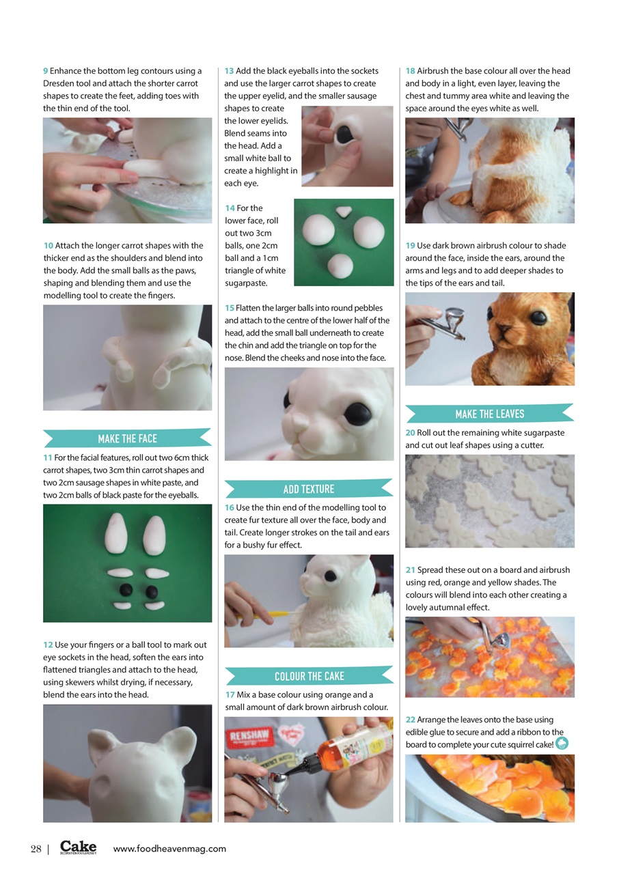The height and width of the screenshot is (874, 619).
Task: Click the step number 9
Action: (x=46, y=71)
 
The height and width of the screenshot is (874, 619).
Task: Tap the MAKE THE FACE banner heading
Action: (x=127, y=439)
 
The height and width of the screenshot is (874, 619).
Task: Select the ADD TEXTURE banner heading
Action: (x=309, y=489)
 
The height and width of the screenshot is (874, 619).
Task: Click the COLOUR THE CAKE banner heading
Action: (x=309, y=676)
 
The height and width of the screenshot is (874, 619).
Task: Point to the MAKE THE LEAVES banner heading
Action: (x=489, y=414)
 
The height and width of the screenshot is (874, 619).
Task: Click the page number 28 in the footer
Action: (x=36, y=849)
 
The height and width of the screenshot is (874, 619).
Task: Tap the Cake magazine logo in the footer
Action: (x=78, y=847)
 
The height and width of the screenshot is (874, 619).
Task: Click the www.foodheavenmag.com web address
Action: (x=169, y=849)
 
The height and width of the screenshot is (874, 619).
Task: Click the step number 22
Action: (x=411, y=720)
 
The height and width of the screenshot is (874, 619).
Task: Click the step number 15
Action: (x=230, y=308)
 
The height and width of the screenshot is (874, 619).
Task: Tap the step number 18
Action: (x=411, y=71)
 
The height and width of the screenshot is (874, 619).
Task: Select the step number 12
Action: (x=48, y=645)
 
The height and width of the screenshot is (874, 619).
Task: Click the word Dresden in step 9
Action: (x=59, y=83)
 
